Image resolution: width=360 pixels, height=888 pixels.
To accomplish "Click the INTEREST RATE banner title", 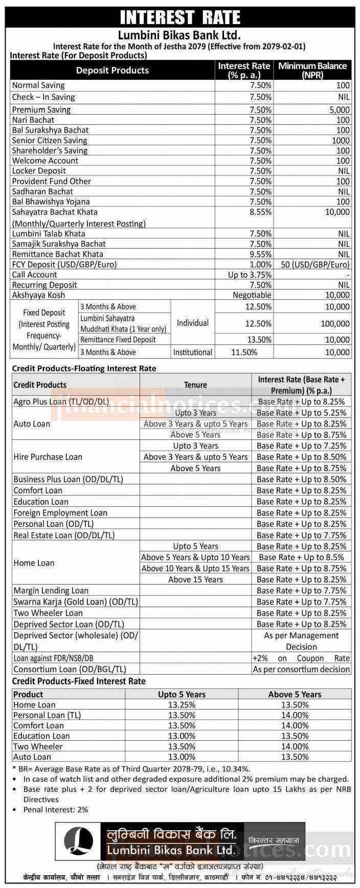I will click(x=180, y=17).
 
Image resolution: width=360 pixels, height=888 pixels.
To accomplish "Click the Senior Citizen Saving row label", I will click(x=50, y=140).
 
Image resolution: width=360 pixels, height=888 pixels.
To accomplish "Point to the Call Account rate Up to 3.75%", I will click(x=250, y=275).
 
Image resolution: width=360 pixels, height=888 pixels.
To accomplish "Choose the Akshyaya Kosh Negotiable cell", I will click(x=252, y=295).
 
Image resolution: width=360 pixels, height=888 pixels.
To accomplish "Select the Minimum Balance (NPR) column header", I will click(x=312, y=70).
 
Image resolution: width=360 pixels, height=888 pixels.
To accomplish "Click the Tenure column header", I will click(x=195, y=385).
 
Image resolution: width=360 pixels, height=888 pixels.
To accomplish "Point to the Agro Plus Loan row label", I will click(x=61, y=402).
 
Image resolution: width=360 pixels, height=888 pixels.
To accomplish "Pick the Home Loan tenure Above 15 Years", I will click(x=195, y=580).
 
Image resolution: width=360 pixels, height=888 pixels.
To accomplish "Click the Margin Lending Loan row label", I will click(x=51, y=591).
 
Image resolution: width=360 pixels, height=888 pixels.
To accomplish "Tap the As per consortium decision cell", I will click(x=301, y=669).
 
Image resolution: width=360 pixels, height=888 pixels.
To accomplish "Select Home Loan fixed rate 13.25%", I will click(x=182, y=705).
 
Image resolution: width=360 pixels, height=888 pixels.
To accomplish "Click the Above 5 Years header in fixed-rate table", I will click(x=295, y=694).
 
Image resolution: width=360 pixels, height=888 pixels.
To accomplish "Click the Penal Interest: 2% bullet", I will click(x=56, y=810).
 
